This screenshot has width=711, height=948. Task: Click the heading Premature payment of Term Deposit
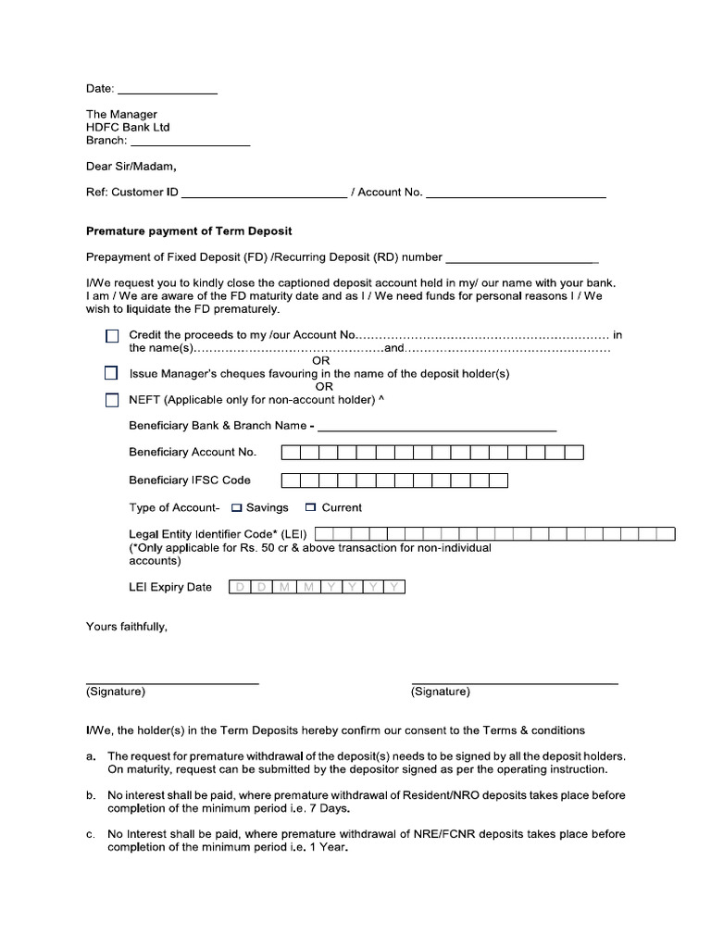pos(189,231)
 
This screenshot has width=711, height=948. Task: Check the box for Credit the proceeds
pos(112,335)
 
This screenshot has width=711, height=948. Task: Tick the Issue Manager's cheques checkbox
pos(112,374)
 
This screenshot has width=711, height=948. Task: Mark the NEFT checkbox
pos(112,400)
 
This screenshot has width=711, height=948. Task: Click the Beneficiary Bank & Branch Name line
pos(436,428)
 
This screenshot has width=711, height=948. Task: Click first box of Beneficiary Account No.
pos(291,453)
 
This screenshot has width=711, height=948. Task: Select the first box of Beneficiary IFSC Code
pos(291,480)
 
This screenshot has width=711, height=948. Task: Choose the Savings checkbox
pos(236,507)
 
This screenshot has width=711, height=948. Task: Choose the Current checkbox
pos(311,507)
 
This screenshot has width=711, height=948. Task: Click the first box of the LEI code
pos(324,534)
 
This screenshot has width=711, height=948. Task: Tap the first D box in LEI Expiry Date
pos(240,587)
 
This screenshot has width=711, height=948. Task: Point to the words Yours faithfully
pos(127,627)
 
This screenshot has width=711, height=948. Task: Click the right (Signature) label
pos(441,692)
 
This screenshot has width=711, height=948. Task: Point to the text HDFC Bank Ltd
pos(128,128)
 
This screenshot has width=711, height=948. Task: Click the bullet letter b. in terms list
pos(91,795)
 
